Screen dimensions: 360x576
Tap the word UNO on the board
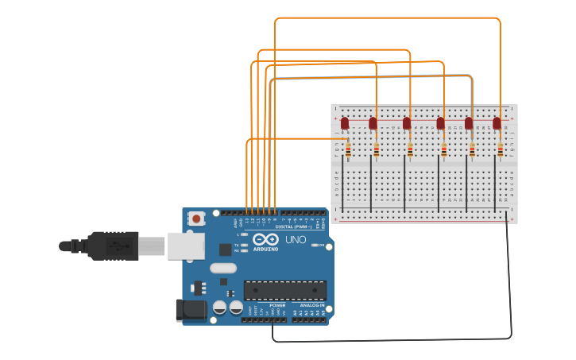[296, 239]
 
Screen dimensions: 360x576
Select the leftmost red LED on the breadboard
[345, 123]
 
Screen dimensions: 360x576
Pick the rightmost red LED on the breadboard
[497, 123]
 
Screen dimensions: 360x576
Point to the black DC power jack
[190, 311]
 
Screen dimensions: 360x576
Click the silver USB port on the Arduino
[184, 246]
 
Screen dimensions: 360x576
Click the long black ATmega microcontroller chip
[284, 290]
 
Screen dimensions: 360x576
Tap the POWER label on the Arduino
[277, 305]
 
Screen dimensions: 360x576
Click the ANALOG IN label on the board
[311, 305]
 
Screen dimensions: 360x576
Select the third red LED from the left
[407, 123]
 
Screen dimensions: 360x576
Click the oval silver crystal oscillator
[222, 269]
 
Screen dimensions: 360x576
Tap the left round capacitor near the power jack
[220, 308]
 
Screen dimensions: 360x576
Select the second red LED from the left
[373, 123]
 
